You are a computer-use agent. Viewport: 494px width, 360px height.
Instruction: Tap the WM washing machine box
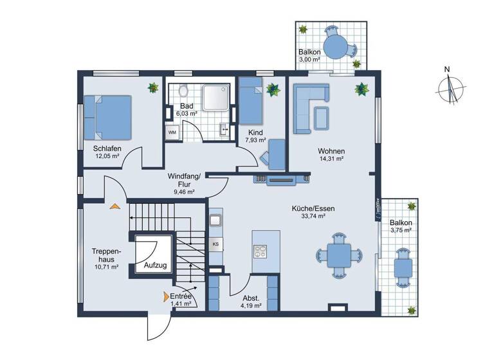pyautogui.click(x=172, y=132)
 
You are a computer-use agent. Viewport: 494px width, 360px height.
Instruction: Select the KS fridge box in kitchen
pyautogui.click(x=215, y=244)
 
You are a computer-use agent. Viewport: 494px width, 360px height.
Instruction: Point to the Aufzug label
pyautogui.click(x=155, y=265)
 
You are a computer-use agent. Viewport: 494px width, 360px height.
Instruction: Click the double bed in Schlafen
pyautogui.click(x=114, y=117)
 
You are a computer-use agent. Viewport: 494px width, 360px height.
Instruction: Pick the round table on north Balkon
pyautogui.click(x=335, y=46)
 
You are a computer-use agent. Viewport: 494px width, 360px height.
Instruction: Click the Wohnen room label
pyautogui.click(x=331, y=150)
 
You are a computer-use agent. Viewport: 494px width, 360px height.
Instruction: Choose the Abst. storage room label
pyautogui.click(x=251, y=298)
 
